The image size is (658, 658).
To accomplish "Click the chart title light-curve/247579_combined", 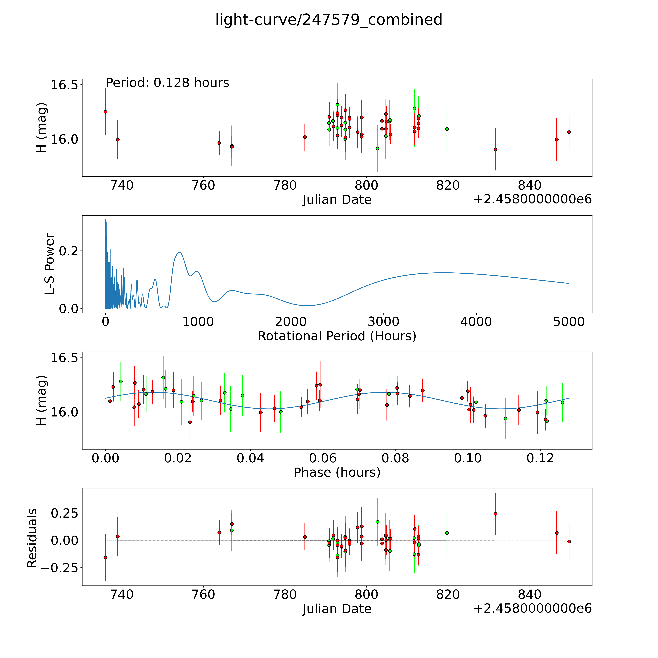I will click(x=329, y=20).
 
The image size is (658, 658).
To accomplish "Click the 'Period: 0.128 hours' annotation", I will click(x=167, y=83).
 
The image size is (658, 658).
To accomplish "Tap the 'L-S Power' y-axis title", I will click(x=50, y=264).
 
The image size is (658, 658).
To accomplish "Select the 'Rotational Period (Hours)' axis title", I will click(x=337, y=336).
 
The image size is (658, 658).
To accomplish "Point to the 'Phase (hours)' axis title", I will click(x=337, y=472).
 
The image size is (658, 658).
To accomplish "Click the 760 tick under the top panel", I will click(x=203, y=186).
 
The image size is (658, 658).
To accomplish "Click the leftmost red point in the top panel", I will click(x=106, y=112).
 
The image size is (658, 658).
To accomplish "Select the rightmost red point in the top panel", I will click(x=569, y=132).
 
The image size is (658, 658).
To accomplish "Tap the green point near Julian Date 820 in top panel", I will click(x=447, y=129).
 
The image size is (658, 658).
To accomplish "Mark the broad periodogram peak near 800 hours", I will click(x=179, y=253).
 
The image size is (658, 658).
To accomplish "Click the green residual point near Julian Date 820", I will click(x=447, y=533).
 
